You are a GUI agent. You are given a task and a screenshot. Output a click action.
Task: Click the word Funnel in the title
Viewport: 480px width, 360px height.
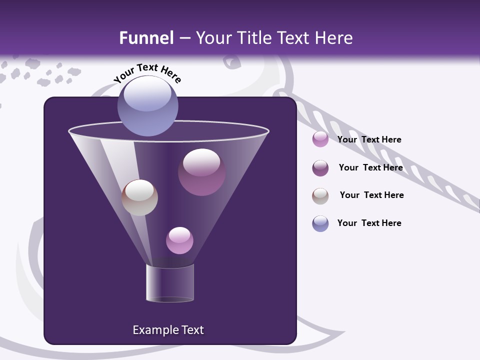[146, 38]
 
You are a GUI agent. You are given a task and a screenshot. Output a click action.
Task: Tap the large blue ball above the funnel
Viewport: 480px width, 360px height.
[147, 106]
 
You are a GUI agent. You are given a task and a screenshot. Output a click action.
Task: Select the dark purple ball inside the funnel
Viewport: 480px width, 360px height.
[201, 172]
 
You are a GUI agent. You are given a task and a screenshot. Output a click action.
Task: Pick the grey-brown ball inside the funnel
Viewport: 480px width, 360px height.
[139, 197]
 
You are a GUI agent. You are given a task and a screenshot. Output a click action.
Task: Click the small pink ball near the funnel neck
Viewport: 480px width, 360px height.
[179, 240]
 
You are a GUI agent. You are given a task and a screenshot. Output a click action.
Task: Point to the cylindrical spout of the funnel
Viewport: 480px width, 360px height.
[170, 282]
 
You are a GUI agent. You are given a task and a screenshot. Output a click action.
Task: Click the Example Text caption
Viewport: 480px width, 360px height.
[168, 330]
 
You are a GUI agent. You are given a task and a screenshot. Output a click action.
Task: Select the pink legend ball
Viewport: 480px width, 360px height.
[320, 139]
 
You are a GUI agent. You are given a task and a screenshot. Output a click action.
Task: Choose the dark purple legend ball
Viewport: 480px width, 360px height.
[320, 168]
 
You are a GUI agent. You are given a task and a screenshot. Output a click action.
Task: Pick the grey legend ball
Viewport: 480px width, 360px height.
[320, 196]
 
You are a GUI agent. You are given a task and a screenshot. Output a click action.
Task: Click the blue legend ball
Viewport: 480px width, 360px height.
[320, 223]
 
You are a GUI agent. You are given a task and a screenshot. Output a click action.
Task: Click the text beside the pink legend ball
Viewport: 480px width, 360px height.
[369, 139]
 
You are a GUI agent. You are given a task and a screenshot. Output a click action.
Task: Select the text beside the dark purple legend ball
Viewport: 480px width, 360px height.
[370, 167]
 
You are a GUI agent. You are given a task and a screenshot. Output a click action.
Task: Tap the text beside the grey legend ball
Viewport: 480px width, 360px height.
[371, 195]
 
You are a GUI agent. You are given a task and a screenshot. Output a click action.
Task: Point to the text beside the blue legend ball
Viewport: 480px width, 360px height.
[369, 223]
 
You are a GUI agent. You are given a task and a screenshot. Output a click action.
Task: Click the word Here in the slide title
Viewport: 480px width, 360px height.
[334, 38]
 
